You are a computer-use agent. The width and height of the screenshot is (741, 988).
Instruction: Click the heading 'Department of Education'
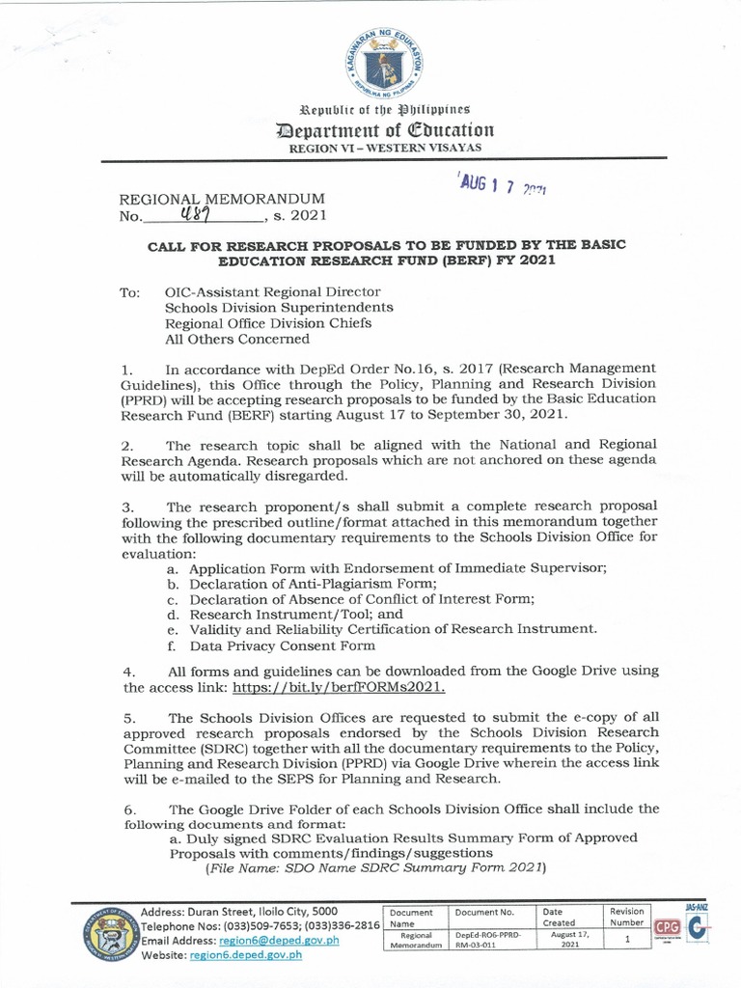pos(385,129)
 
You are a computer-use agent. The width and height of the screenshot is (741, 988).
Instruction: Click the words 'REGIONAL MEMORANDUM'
pos(204,200)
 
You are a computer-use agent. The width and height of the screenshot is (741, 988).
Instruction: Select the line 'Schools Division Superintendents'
pos(279,308)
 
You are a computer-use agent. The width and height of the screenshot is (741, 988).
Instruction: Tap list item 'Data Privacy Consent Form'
pos(282,645)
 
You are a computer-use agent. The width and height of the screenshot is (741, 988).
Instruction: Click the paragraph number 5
pos(129,718)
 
